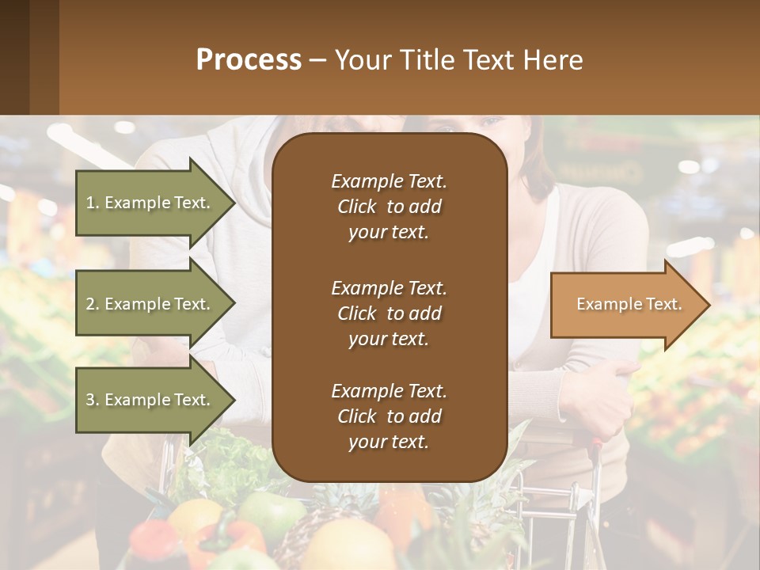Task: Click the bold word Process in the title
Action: [x=249, y=60]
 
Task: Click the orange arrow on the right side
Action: [x=621, y=305]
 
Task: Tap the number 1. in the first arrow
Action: [x=93, y=203]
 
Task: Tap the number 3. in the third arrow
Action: [x=93, y=400]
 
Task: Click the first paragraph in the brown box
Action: [x=389, y=207]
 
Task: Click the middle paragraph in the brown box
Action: [x=389, y=313]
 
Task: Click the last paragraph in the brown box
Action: [x=389, y=416]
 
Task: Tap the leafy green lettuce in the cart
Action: [x=230, y=459]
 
